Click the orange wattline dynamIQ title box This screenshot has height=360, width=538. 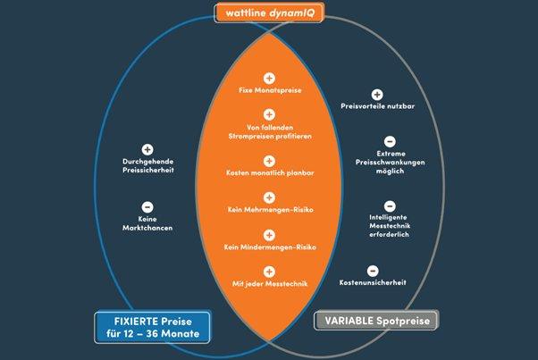coord(269,13)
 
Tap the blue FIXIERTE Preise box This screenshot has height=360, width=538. coord(151,328)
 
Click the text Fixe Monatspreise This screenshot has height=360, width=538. coord(269,92)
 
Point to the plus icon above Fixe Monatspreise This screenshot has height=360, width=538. coord(269,79)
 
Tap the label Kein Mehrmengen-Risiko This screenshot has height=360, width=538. coord(269,209)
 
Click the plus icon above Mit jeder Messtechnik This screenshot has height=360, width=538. coord(269,271)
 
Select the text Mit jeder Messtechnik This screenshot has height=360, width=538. coord(269,284)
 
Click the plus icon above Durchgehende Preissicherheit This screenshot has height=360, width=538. coord(147,150)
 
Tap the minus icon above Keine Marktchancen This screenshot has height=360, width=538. coord(147,206)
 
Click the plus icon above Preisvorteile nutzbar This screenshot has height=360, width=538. coord(377,94)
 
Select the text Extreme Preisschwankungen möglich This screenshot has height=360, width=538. coord(391,162)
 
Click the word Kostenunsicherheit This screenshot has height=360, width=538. coord(374,282)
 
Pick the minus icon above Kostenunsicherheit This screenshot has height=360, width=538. coord(373,270)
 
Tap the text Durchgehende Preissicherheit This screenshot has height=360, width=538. coord(147,167)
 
